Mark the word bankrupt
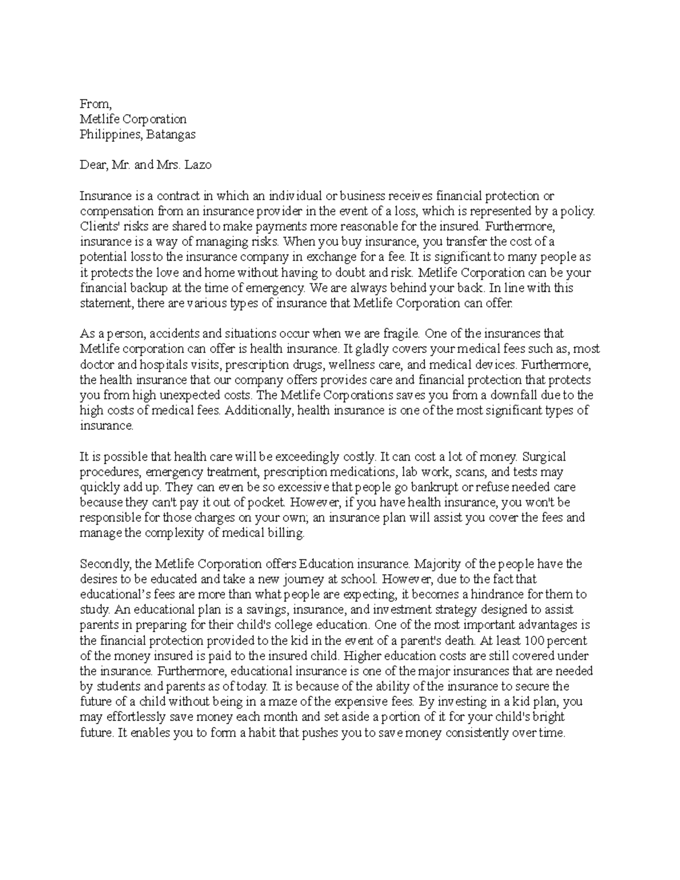click(x=414, y=487)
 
